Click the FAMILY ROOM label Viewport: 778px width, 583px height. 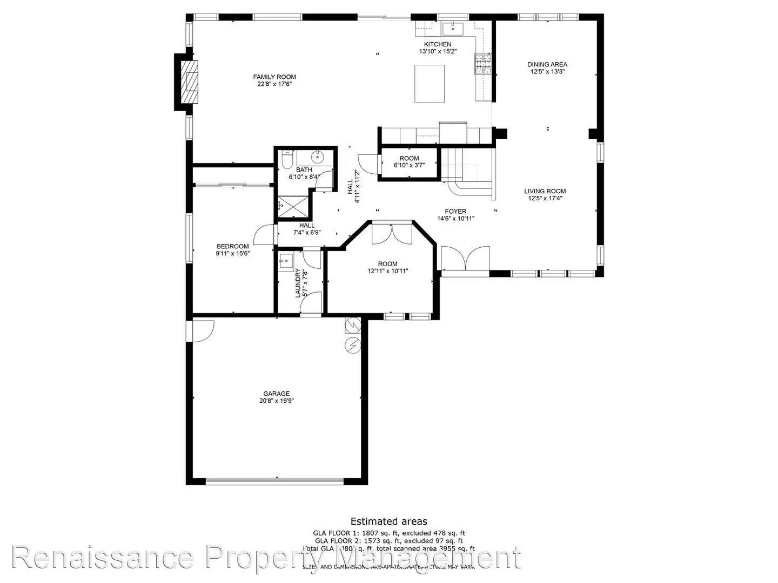[274, 77]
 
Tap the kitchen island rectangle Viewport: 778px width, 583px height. [430, 83]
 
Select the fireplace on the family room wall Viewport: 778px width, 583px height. [190, 81]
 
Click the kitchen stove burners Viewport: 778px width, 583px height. [483, 64]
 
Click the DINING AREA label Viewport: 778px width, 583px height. [547, 64]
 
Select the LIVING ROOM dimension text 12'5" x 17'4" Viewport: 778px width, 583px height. [545, 198]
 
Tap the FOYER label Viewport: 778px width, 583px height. [455, 211]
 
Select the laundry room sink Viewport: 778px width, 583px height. [286, 261]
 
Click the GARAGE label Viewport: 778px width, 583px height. [276, 394]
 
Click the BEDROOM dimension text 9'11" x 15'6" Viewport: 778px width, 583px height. [233, 253]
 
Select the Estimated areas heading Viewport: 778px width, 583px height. [388, 521]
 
